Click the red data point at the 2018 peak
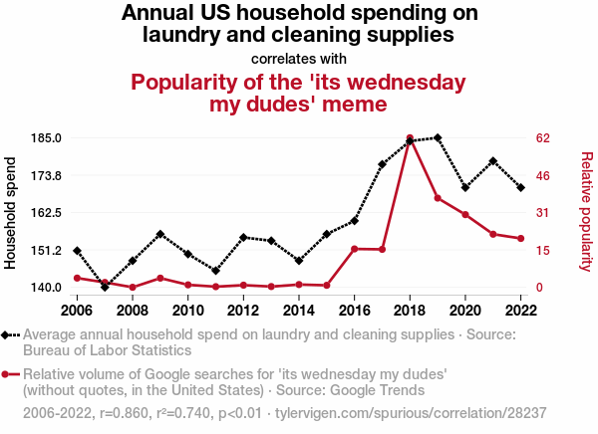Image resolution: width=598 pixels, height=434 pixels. pyautogui.click(x=410, y=138)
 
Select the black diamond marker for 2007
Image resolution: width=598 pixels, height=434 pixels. pyautogui.click(x=105, y=287)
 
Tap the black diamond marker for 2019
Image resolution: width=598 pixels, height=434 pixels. pyautogui.click(x=438, y=138)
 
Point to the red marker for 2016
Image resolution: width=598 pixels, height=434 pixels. pyautogui.click(x=354, y=249)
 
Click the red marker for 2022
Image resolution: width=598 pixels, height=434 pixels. pyautogui.click(x=520, y=239)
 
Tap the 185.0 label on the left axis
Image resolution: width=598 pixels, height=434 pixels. pyautogui.click(x=49, y=138)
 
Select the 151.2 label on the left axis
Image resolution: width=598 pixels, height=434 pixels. pyautogui.click(x=49, y=251)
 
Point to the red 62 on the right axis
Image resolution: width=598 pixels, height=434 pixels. pyautogui.click(x=543, y=138)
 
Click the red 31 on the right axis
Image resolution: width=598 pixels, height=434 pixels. pyautogui.click(x=543, y=213)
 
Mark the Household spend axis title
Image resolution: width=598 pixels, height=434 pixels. pyautogui.click(x=12, y=211)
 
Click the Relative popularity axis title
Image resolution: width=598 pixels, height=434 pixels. pyautogui.click(x=586, y=211)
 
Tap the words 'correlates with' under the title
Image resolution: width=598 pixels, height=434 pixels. pyautogui.click(x=299, y=58)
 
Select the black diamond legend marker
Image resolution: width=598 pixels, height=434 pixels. pyautogui.click(x=9, y=335)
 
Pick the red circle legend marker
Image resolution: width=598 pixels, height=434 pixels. pyautogui.click(x=9, y=374)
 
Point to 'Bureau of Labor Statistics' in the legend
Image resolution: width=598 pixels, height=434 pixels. pyautogui.click(x=107, y=350)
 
